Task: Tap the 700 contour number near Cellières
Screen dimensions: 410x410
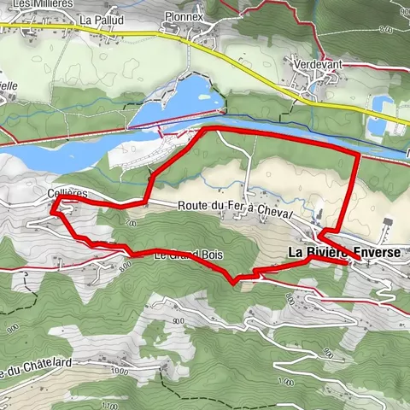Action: coord(131,223)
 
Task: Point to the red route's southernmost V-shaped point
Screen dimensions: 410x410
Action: coord(233,281)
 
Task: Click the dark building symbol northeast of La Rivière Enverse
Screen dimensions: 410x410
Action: coord(388,222)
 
